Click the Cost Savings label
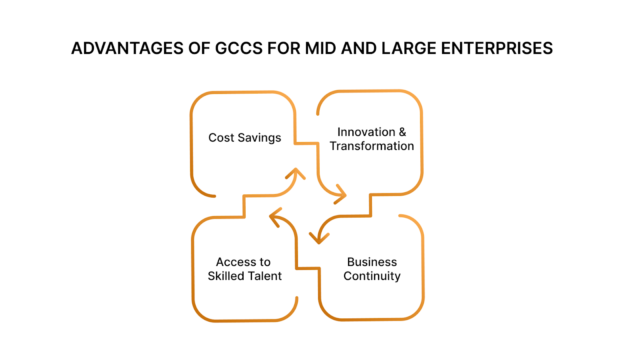point(243,137)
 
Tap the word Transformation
point(375,146)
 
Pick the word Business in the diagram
point(371,261)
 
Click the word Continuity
point(371,276)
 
